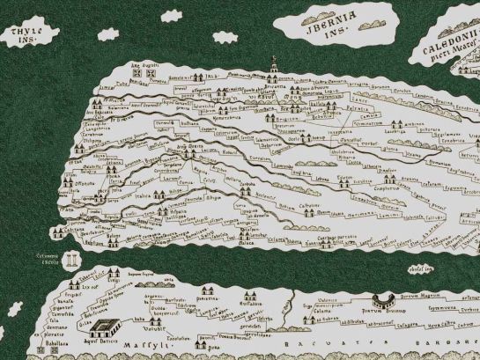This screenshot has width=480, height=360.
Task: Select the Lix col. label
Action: (x=88, y=286)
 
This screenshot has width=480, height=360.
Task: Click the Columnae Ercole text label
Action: (x=46, y=257)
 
